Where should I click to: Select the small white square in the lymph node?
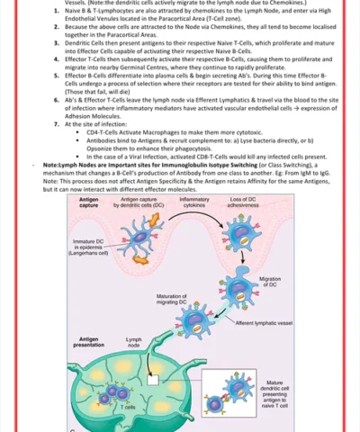[154, 380]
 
